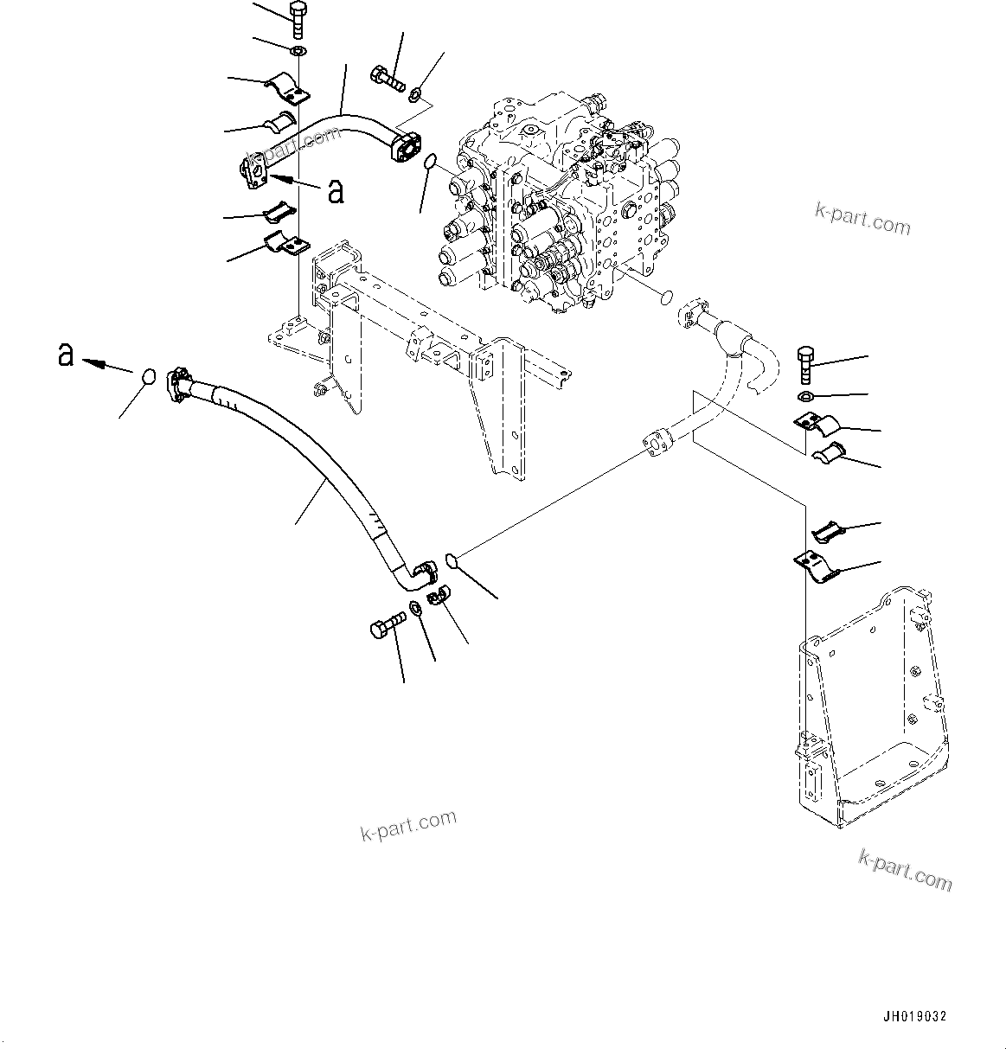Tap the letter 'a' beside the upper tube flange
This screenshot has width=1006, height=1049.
pyautogui.click(x=336, y=192)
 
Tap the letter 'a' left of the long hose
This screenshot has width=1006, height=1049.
pyautogui.click(x=65, y=355)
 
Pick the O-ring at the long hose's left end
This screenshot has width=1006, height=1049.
pyautogui.click(x=148, y=377)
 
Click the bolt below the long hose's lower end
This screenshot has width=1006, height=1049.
pyautogui.click(x=388, y=625)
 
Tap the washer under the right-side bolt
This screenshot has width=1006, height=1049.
pyautogui.click(x=805, y=397)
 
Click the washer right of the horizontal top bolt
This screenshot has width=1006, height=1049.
pyautogui.click(x=417, y=93)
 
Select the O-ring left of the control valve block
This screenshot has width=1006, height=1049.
pyautogui.click(x=431, y=163)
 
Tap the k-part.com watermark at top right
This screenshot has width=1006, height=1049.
pyautogui.click(x=862, y=221)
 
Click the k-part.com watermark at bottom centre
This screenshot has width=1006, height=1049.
pyautogui.click(x=407, y=826)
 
